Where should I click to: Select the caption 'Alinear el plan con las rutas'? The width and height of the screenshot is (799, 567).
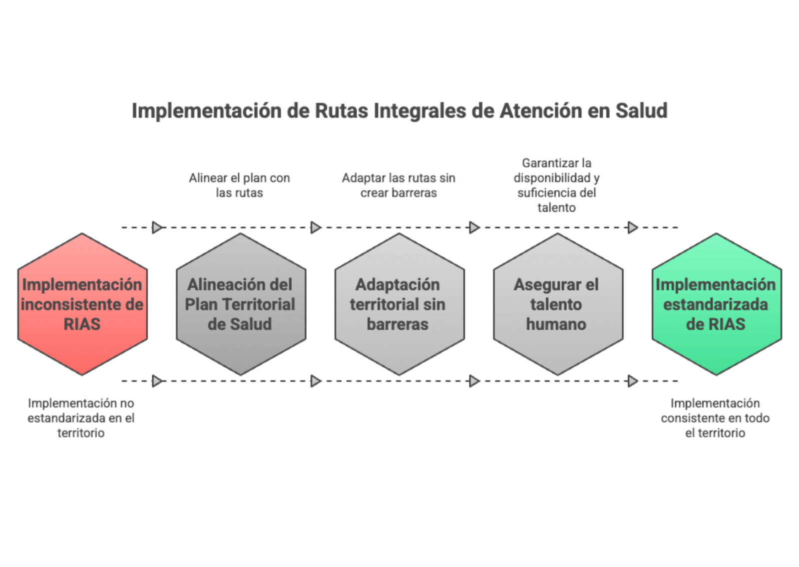coord(239,185)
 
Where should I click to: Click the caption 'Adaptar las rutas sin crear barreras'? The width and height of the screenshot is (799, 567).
coord(399,185)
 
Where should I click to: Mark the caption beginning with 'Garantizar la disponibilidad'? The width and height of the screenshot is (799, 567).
coord(556,185)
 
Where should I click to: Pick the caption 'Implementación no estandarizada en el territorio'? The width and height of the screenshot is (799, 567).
coord(81,418)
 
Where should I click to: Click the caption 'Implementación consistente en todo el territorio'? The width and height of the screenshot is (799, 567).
coord(715,418)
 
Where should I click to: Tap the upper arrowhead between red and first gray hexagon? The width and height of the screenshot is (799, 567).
coord(157,228)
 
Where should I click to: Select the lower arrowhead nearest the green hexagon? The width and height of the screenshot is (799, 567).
coord(633,381)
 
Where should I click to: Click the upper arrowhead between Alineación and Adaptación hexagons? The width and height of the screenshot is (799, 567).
coord(316,228)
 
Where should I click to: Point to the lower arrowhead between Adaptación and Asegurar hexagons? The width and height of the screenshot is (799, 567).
coord(474,381)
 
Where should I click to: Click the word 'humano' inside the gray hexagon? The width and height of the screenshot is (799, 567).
coord(556,324)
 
